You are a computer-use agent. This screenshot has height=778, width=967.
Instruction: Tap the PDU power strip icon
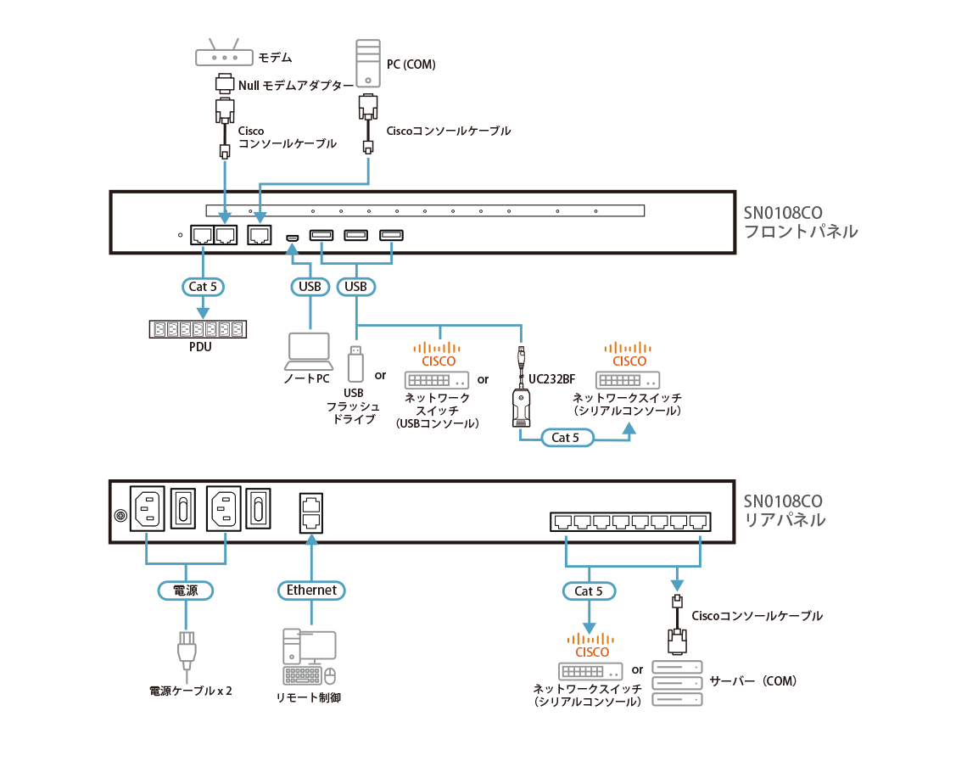point(197,329)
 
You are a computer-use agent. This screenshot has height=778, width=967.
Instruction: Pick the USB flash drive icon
point(356,364)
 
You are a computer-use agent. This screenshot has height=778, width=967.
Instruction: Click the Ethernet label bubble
point(311,590)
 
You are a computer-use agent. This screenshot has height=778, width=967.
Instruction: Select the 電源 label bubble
point(185,590)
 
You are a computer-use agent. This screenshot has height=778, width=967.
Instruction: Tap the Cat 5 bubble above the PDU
point(203,287)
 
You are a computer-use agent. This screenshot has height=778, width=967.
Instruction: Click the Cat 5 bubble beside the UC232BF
point(565,438)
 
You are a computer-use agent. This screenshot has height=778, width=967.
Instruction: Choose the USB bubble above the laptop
point(310,287)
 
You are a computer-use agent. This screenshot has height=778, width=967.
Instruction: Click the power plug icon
point(187,652)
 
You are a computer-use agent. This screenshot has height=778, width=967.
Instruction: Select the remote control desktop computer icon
point(310,658)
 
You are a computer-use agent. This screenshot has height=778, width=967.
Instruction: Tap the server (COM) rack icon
point(677,683)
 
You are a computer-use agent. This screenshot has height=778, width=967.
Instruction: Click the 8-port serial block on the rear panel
point(629,522)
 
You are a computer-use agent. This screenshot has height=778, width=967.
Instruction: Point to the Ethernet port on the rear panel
point(310,512)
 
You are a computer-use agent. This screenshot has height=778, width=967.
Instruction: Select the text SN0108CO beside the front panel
point(783,212)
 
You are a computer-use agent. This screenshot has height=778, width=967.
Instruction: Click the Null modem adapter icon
point(224,84)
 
